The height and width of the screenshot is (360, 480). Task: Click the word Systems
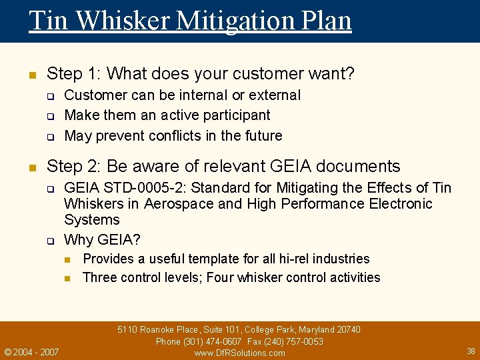coord(92,220)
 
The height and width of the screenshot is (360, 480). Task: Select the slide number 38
coord(471,351)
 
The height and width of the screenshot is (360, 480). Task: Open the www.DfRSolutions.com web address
coord(239,353)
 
